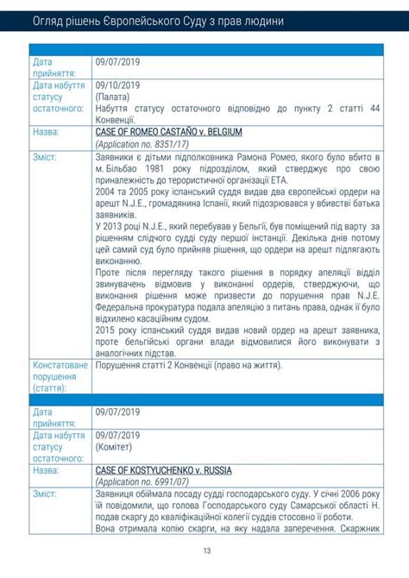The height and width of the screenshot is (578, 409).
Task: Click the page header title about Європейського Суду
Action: pos(157,19)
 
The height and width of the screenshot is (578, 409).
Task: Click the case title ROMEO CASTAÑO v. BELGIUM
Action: pos(169,133)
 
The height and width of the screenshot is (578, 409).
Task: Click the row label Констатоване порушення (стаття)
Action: pos(60,377)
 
